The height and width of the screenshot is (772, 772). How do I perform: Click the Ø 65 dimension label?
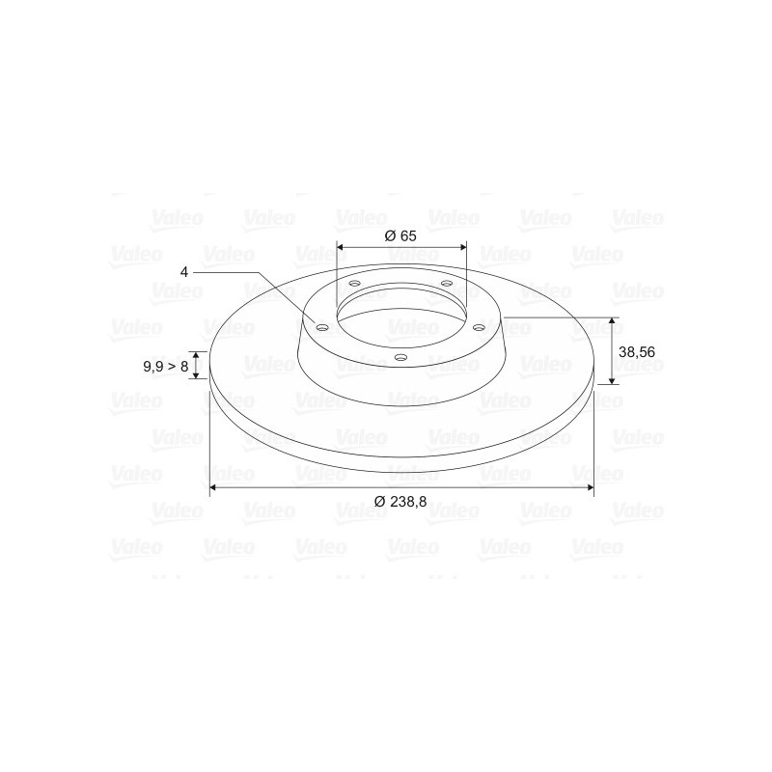click(400, 235)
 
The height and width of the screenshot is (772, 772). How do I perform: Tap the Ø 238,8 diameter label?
click(400, 502)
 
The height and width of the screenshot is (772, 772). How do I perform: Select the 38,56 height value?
click(637, 352)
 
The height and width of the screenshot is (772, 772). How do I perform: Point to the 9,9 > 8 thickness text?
click(165, 367)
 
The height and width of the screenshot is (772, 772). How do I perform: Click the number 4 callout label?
click(184, 272)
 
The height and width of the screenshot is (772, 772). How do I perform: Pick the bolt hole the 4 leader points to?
click(322, 328)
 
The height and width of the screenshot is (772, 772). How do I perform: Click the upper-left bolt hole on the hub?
click(353, 284)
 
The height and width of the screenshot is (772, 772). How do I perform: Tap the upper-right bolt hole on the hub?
click(447, 283)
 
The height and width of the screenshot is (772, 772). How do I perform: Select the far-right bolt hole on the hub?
click(478, 327)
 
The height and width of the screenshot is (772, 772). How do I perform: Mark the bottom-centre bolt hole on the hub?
click(401, 357)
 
